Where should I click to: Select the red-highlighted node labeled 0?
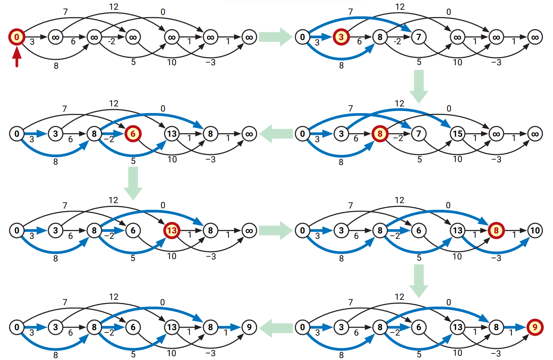[x=17, y=37]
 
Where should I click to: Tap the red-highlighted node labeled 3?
[x=341, y=37]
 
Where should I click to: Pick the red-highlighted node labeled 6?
[x=133, y=134]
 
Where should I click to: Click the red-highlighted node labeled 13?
[x=172, y=230]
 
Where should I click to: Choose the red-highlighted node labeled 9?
[x=535, y=327]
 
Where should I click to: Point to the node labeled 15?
[x=457, y=134]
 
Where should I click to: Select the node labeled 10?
[x=535, y=230]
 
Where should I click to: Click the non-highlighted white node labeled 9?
[x=249, y=327]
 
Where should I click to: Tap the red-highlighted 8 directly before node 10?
[x=496, y=230]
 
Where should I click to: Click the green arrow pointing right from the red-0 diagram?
[x=275, y=37]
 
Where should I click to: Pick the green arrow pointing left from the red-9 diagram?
[x=276, y=328]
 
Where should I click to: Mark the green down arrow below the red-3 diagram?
[x=419, y=86]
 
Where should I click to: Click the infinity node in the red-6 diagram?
[x=249, y=134]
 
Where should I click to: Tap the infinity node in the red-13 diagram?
[x=249, y=230]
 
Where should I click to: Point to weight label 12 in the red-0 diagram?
[x=114, y=7]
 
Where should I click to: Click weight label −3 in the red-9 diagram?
[x=496, y=353]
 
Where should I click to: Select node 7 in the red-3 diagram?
[x=419, y=37]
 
